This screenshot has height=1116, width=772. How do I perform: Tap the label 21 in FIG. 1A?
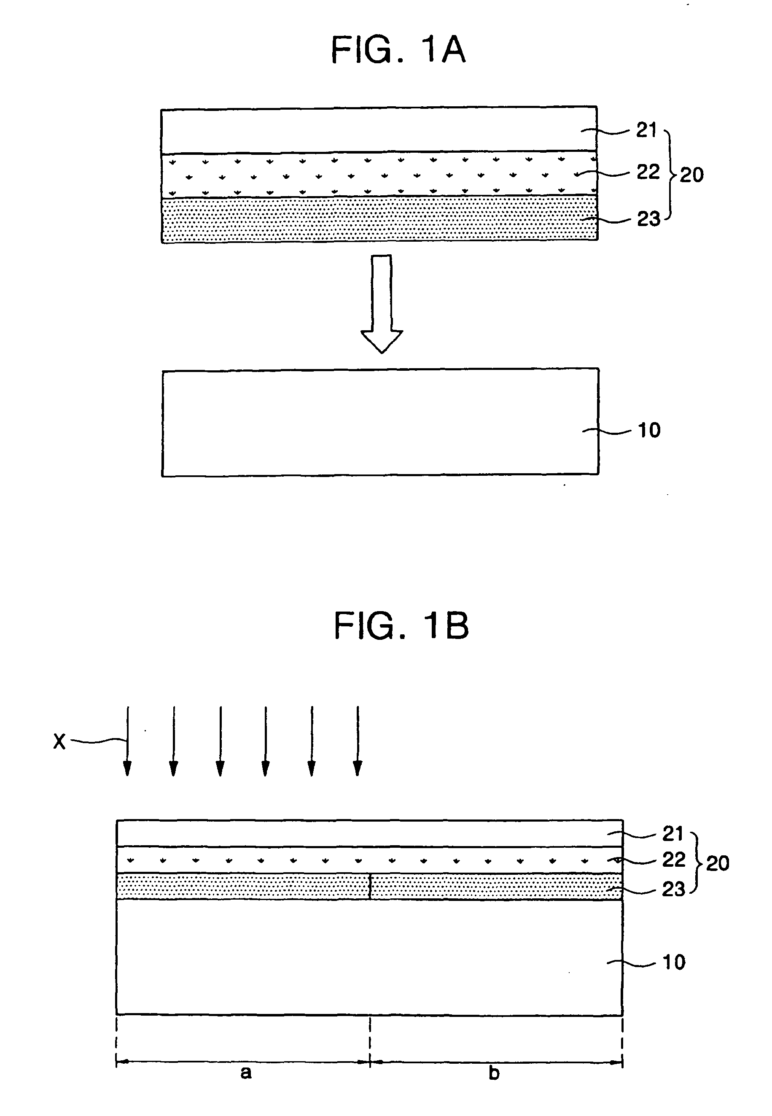click(647, 129)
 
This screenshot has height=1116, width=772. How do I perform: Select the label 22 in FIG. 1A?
click(648, 172)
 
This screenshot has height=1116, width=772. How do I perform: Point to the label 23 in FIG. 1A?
click(648, 219)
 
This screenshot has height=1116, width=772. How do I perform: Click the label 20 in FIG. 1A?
click(692, 175)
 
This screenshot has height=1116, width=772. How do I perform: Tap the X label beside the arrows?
click(59, 741)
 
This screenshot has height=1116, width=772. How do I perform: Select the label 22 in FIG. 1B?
click(674, 860)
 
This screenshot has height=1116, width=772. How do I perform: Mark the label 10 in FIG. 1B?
click(674, 962)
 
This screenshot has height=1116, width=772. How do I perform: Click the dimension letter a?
click(246, 1073)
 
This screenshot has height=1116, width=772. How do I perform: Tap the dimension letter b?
click(494, 1073)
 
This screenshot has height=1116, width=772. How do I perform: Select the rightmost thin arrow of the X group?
click(358, 741)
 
